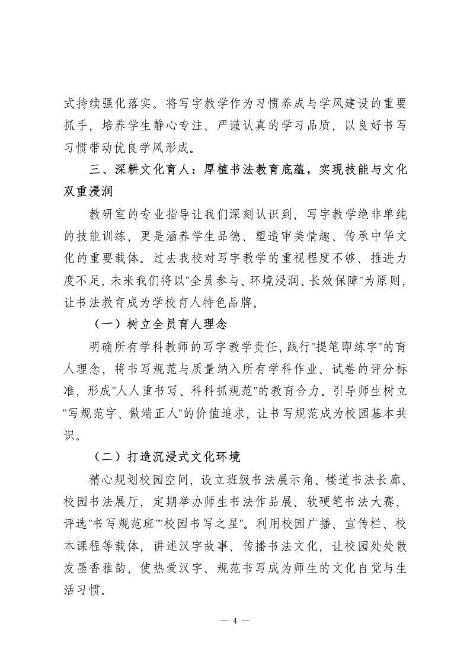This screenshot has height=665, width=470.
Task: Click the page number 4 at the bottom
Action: [235, 621]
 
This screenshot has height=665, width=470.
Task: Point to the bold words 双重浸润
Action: [91, 191]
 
